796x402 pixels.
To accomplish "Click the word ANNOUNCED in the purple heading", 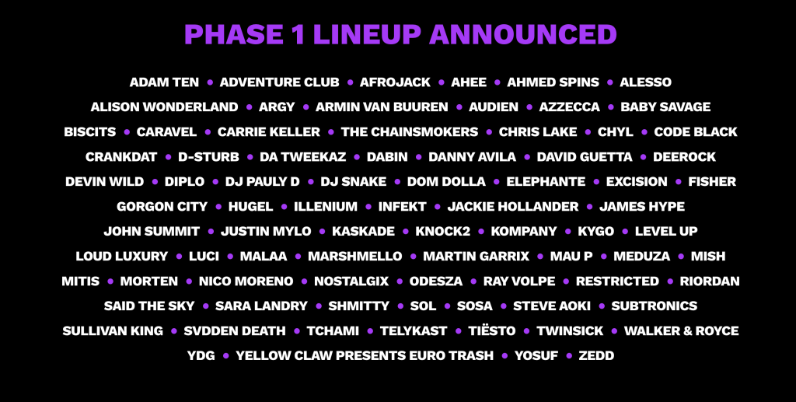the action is tap(523, 34).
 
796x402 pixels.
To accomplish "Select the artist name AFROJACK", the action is tap(395, 82).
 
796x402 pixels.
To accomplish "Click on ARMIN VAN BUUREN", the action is tap(382, 107).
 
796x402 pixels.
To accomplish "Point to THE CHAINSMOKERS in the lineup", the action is tap(410, 132).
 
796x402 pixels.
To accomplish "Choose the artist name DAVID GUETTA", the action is tap(585, 157).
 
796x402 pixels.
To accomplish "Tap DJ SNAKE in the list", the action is tap(354, 182).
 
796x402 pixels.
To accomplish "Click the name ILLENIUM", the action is tap(326, 207).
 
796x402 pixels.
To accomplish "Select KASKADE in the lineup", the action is tap(363, 232).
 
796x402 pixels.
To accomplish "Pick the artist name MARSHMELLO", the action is tap(354, 257).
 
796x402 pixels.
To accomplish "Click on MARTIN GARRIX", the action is tap(477, 257).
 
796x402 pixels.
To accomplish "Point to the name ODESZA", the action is tap(436, 281).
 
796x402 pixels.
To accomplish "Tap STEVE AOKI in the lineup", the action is tap(552, 306).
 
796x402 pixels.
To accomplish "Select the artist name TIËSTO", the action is tap(491, 331).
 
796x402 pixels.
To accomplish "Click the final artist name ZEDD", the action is tap(596, 356).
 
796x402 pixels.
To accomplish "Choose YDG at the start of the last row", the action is tap(201, 356).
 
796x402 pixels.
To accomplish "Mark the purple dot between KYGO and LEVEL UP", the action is tap(625, 232).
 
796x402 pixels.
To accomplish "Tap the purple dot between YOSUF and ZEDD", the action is tap(568, 356).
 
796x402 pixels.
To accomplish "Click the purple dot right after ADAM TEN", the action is tap(210, 82).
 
